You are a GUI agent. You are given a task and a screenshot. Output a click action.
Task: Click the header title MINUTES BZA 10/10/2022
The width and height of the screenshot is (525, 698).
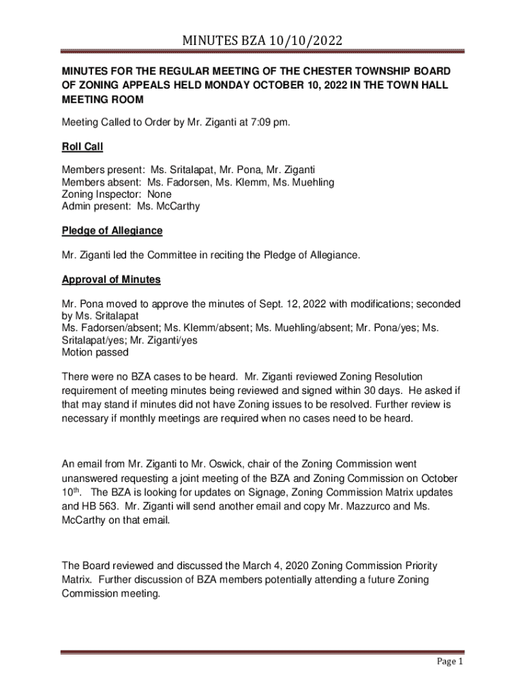(x=262, y=43)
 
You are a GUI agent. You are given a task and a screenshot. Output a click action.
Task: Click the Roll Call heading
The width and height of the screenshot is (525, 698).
(x=82, y=147)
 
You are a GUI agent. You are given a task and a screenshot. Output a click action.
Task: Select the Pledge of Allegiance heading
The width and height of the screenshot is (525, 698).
(x=112, y=230)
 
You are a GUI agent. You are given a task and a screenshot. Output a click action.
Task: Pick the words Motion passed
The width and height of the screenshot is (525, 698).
(x=95, y=353)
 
